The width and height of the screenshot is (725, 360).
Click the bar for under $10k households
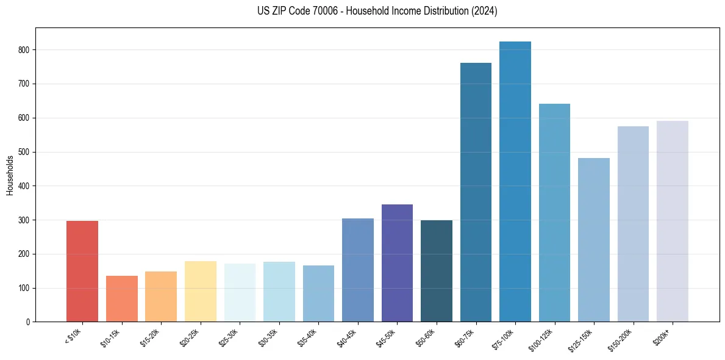pos(82,271)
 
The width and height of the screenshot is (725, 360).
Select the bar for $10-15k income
pos(121,298)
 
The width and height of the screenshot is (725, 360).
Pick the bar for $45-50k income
pos(397,263)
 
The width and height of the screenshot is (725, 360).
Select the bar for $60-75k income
pos(476,192)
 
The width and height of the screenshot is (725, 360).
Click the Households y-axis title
pos(10,175)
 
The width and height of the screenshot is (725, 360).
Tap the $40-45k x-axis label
pos(347,337)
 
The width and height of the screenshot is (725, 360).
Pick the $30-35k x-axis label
pos(268,337)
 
